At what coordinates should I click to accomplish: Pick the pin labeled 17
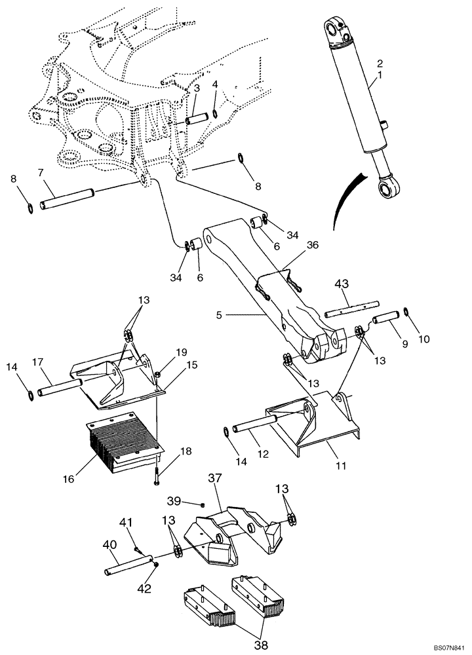point(60,386)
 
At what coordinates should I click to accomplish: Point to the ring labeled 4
point(215,115)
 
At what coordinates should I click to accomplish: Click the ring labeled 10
point(407,310)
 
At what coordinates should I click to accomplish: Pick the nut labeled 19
point(159,375)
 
